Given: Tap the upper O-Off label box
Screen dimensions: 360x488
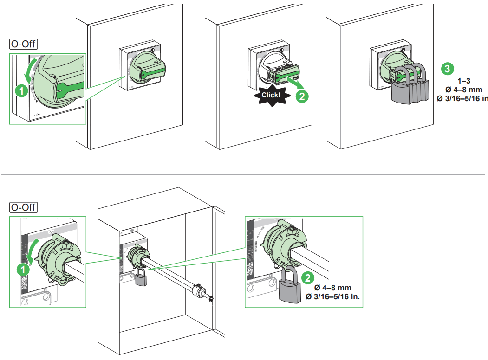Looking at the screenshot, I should (x=24, y=44).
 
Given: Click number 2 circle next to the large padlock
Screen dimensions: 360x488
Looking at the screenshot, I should (x=307, y=277).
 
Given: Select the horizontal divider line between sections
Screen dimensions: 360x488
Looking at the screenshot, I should (x=244, y=174).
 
